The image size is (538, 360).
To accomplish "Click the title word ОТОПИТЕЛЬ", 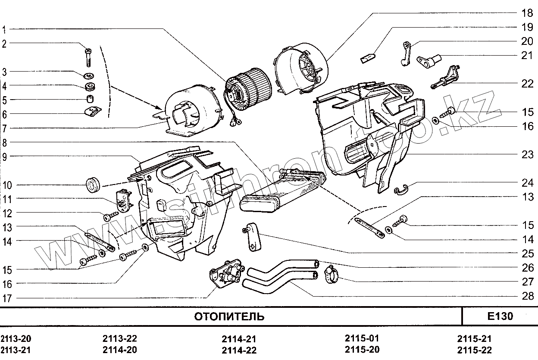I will (x=229, y=317).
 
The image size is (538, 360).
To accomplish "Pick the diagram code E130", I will (x=500, y=316).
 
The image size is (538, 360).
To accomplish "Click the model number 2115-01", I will (x=362, y=338).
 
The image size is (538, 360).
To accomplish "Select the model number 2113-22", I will (x=120, y=339).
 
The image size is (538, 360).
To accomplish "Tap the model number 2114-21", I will (x=239, y=339).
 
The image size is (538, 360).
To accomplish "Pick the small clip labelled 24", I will (x=401, y=188).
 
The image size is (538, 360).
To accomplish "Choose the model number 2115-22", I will (x=474, y=350).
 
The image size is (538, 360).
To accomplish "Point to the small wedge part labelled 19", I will (x=367, y=57).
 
